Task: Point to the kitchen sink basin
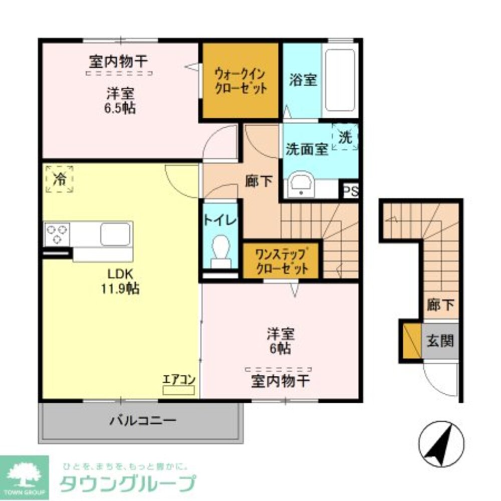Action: [x=115, y=234]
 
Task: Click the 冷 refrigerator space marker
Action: [x=60, y=179]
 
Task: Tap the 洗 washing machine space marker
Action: [x=346, y=137]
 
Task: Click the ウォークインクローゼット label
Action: [x=240, y=81]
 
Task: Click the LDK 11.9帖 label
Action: [x=121, y=282]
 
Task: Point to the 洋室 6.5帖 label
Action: [x=120, y=101]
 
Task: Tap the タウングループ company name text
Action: [x=127, y=484]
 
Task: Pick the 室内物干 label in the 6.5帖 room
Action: [x=119, y=62]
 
